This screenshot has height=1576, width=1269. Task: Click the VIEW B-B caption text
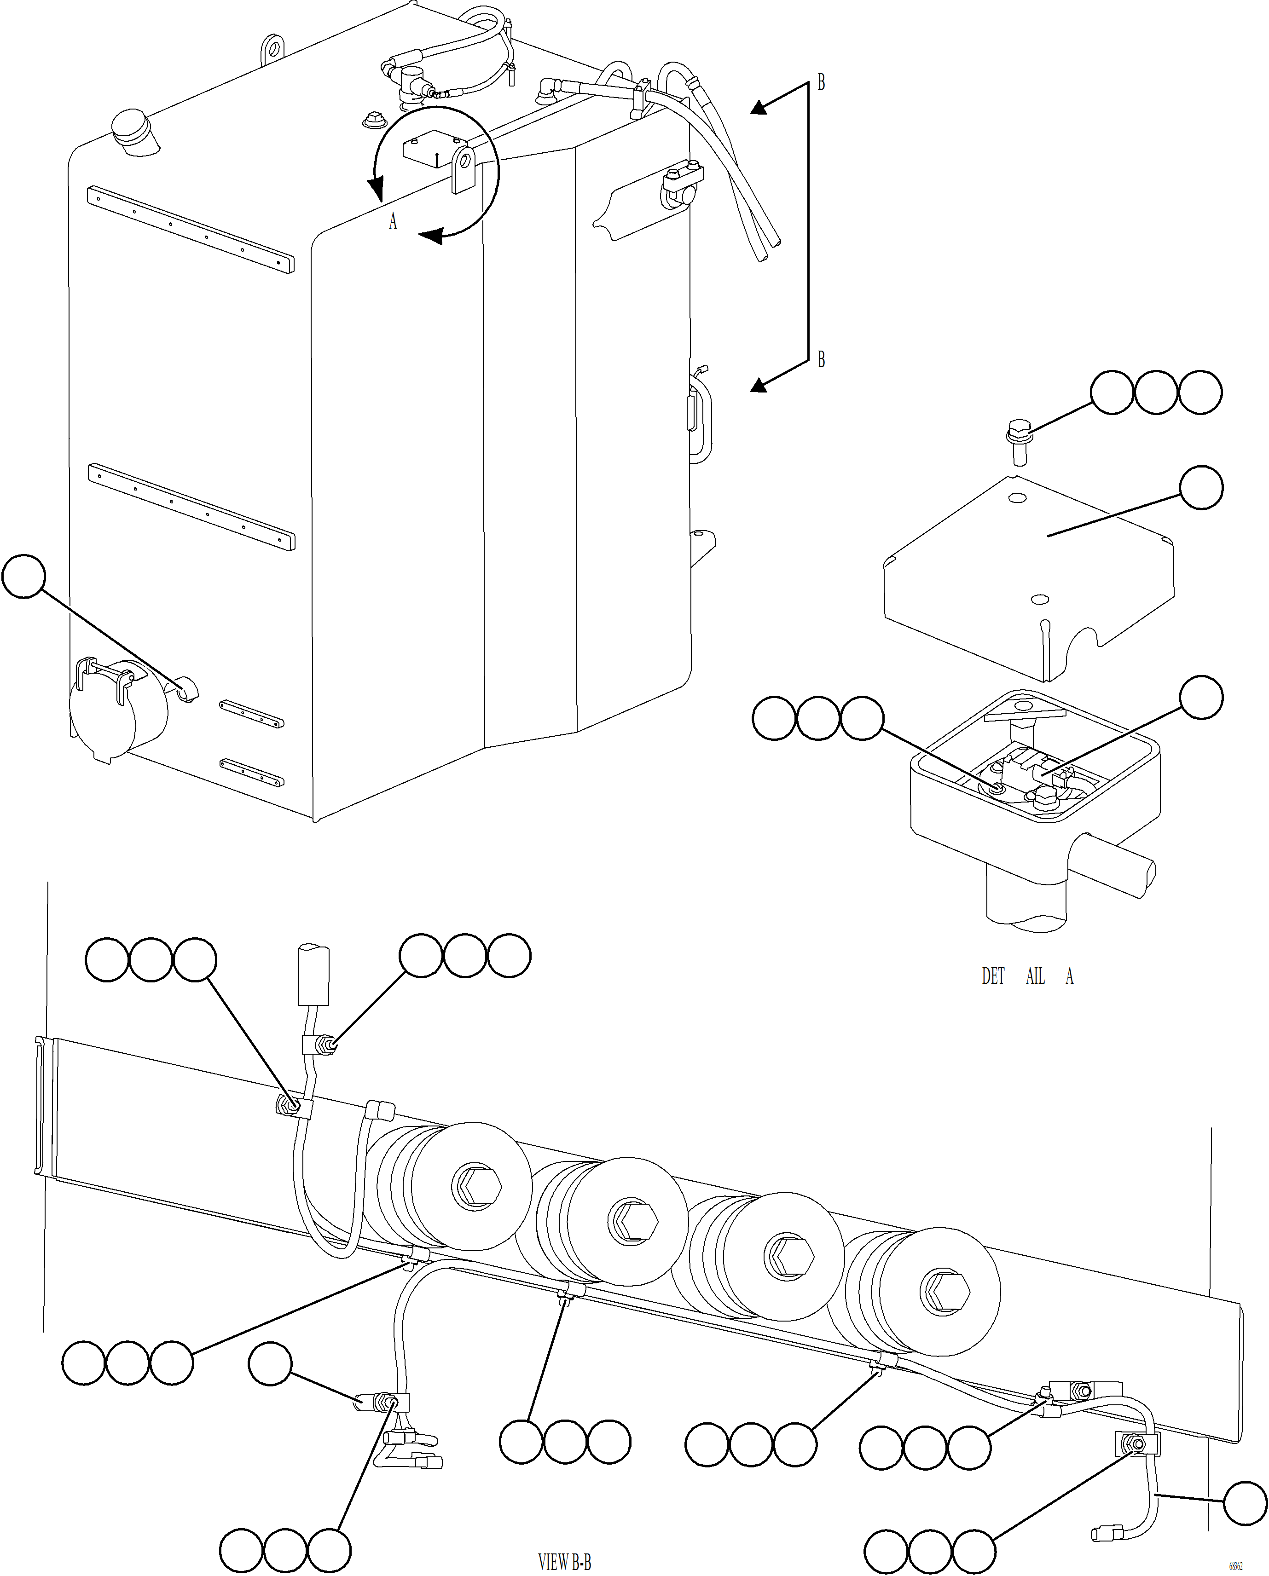tap(564, 1562)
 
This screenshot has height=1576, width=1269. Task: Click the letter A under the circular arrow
tap(393, 221)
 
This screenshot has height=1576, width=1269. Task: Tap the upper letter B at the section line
tap(821, 83)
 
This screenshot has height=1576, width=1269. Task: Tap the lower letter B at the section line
tap(821, 360)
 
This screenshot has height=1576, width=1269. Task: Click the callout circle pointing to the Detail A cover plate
tap(1201, 488)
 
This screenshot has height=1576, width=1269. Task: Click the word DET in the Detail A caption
tap(993, 976)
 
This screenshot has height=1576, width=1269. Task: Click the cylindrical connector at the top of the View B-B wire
tap(313, 975)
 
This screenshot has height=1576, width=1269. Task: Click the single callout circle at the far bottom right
tap(1245, 1503)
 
